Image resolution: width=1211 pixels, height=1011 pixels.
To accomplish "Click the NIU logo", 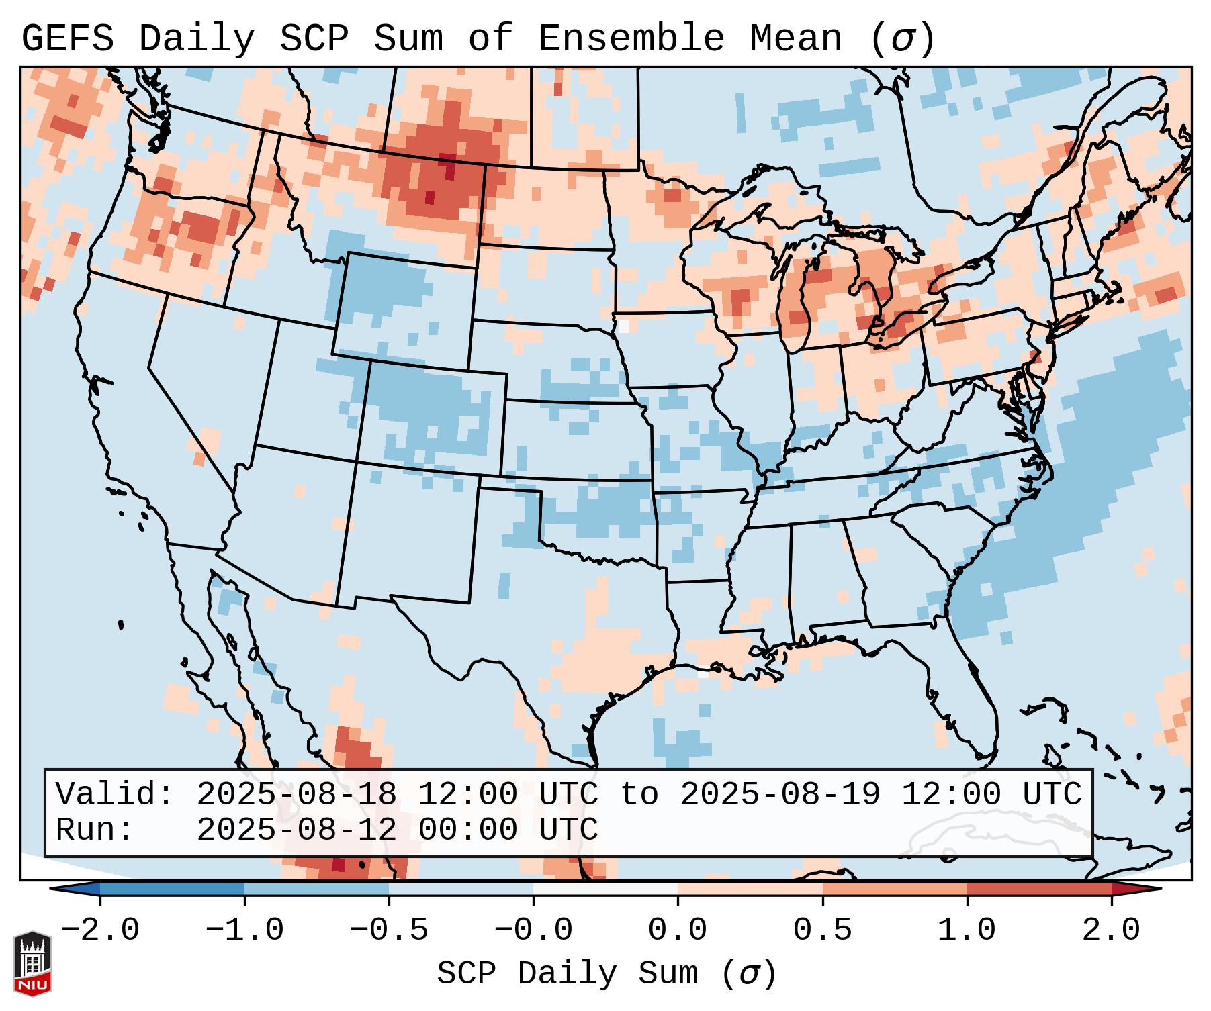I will click(32, 963).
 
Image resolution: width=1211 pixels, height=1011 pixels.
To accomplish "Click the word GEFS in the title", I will click(67, 39).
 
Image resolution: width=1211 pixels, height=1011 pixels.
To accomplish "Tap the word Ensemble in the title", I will click(631, 39).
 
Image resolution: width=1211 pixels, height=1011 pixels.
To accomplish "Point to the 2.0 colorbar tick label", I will click(1111, 930).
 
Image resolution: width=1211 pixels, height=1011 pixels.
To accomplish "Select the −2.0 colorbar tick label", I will click(100, 930).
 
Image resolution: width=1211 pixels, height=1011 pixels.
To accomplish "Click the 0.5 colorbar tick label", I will click(822, 930).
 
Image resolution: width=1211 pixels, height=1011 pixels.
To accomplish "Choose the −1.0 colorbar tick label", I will click(244, 930).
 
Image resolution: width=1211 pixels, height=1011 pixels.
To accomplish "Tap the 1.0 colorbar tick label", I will click(967, 930).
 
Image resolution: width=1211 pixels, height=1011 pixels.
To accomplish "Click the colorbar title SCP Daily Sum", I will click(568, 974).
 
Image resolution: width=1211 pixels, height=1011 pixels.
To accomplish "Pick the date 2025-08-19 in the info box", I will click(780, 794).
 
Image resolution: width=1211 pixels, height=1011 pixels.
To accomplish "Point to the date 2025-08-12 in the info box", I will click(296, 830).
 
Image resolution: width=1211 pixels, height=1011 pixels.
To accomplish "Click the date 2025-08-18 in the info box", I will click(296, 794).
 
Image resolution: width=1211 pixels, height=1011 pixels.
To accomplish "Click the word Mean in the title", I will click(795, 39).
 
